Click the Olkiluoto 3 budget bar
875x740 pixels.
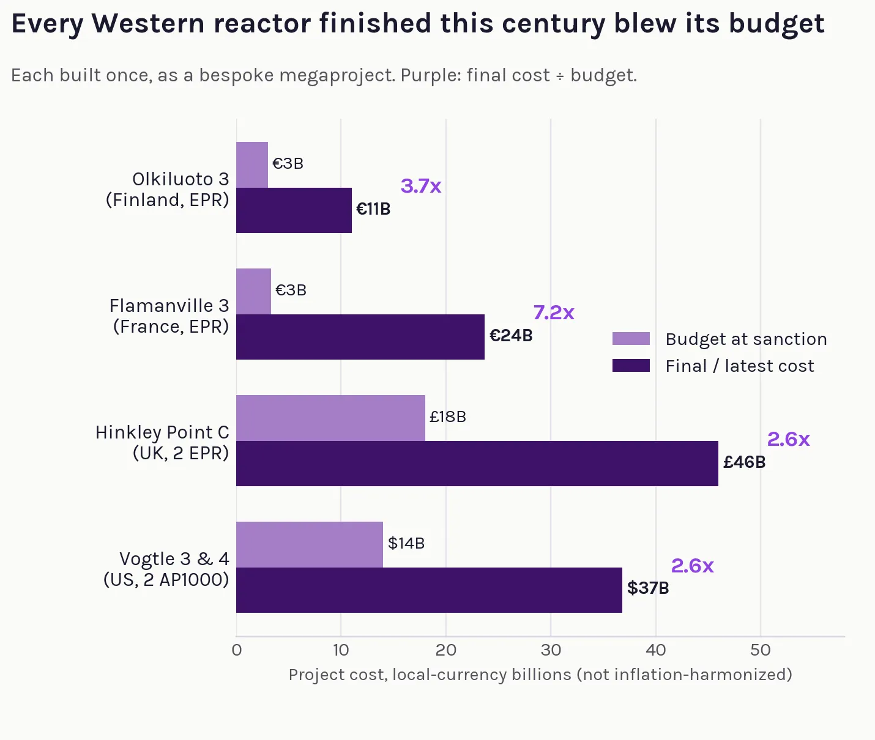click(x=252, y=165)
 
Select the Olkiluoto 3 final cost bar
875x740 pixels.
click(x=294, y=210)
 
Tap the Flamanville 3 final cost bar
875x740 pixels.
click(x=360, y=337)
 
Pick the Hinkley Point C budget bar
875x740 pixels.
click(x=330, y=418)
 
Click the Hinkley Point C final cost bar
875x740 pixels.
click(x=477, y=464)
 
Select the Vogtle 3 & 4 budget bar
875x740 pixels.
click(x=310, y=544)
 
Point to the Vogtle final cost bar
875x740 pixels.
click(x=430, y=590)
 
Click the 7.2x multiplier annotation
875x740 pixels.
click(x=554, y=313)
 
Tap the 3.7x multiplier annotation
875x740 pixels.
click(x=421, y=186)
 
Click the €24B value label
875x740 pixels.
click(x=511, y=336)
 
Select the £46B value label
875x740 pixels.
click(x=744, y=462)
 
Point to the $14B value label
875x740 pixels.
click(x=406, y=543)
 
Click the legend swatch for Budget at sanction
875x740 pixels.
click(x=631, y=338)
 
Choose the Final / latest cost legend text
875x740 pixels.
click(x=740, y=366)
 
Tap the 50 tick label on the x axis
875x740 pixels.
click(x=761, y=650)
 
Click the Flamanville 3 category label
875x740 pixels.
click(x=169, y=316)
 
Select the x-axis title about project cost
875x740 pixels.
click(x=540, y=675)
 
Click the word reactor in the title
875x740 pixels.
click(x=262, y=23)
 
